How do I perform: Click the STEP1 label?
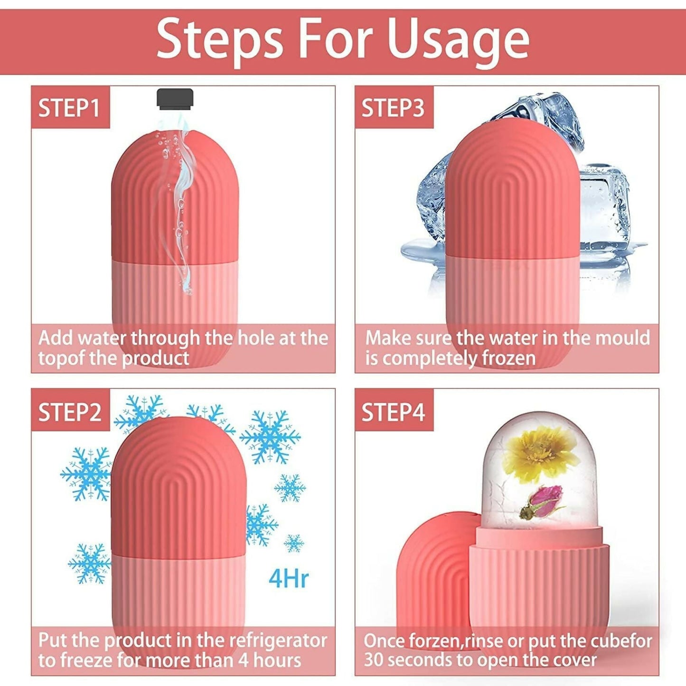69,108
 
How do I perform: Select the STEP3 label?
393,108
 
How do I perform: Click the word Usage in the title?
458,40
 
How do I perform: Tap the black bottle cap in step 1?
175,98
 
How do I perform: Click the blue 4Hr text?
288,578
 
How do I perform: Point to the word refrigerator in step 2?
278,640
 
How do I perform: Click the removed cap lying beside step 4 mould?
430,570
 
